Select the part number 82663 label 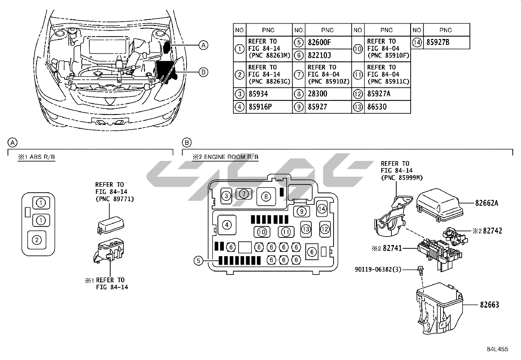490,305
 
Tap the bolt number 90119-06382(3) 378,269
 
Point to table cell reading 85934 258,94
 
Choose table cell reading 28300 317,94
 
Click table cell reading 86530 377,107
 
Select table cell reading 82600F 319,42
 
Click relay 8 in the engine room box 266,196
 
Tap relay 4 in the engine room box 226,225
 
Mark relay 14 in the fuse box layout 322,208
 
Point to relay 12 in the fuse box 325,229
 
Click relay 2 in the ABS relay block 37,240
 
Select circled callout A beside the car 204,45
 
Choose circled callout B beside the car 204,72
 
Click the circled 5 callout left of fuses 198,261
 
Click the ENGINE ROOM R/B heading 225,157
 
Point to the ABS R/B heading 37,157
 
